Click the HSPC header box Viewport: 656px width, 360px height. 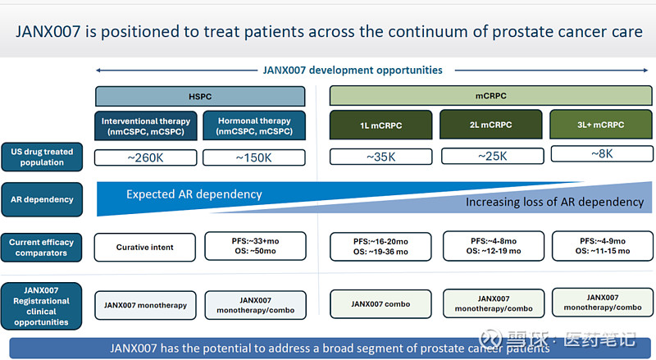201,96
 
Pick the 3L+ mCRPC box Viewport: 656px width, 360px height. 600,125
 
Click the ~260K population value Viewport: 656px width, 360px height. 146,157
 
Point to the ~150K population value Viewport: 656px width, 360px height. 254,157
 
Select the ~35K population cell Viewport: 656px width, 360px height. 380,157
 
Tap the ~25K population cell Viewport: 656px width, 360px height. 492,156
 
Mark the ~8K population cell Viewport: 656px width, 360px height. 602,153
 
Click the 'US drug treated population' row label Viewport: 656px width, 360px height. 42,157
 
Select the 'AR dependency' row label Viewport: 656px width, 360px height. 42,199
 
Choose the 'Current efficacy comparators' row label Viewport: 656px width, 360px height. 42,247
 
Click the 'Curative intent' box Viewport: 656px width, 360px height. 145,247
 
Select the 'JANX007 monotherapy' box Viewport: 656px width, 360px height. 145,305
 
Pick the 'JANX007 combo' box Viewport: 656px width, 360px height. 380,304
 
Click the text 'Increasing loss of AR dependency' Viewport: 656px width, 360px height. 554,202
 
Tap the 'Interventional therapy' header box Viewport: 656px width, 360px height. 146,126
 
